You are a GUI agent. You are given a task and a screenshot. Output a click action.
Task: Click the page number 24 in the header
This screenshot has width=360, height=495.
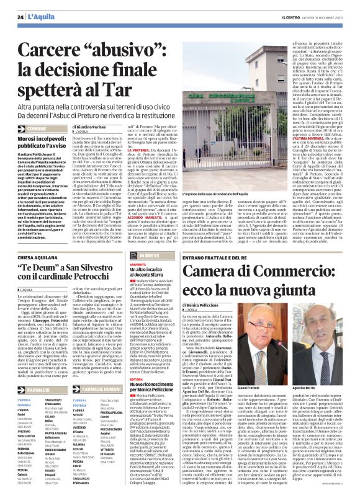(20, 16)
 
